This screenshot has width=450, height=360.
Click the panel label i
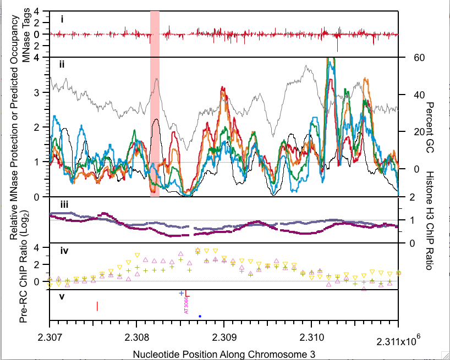click(62, 19)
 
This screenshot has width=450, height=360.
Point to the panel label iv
click(64, 251)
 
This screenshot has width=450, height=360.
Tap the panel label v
click(62, 297)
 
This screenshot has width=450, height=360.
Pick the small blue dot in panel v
click(200, 316)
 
